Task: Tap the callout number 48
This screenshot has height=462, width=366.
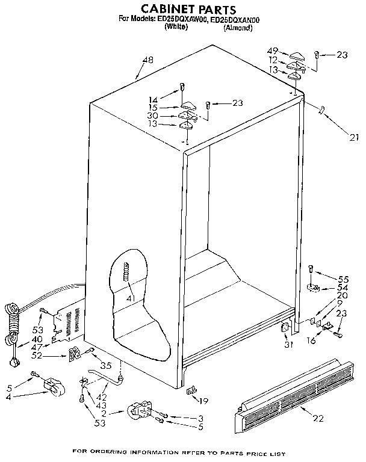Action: click(x=147, y=60)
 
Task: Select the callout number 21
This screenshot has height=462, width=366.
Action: click(x=353, y=137)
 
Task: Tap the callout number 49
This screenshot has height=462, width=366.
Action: click(x=273, y=51)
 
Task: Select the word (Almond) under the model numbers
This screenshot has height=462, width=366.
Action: click(x=237, y=28)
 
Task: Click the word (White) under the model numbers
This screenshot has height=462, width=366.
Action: click(x=176, y=28)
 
